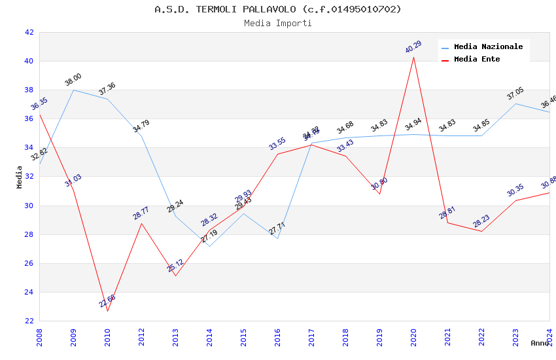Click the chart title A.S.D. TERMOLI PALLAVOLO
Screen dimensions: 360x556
click(x=278, y=9)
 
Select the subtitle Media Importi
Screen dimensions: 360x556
click(x=278, y=23)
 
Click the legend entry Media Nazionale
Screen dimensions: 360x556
click(x=488, y=46)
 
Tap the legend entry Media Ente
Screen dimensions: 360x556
click(x=477, y=59)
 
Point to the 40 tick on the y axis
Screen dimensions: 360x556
click(x=29, y=61)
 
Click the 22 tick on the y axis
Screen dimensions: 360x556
click(x=29, y=321)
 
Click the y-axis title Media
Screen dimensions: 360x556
click(x=20, y=177)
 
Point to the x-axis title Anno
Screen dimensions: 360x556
click(x=540, y=343)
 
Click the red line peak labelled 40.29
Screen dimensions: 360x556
click(x=413, y=57)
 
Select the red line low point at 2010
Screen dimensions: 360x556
click(x=107, y=311)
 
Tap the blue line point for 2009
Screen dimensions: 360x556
click(x=73, y=90)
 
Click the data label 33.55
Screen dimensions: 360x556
click(x=277, y=144)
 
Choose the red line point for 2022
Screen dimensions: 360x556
click(x=481, y=231)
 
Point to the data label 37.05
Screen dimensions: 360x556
click(x=515, y=94)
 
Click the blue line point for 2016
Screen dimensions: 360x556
click(x=277, y=238)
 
